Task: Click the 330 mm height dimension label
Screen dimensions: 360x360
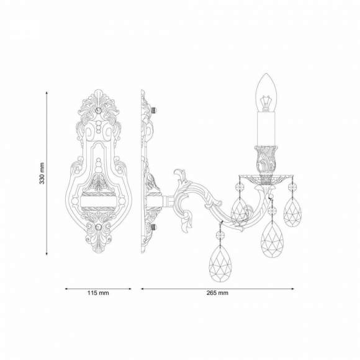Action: pos(42,173)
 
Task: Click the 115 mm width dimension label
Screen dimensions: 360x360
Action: pos(98,293)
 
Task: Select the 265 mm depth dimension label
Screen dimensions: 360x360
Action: pos(217,293)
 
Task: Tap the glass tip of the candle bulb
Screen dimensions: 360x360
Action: pos(266,74)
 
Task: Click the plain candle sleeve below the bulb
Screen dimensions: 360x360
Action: pos(266,129)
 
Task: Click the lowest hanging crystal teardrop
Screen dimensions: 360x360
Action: pos(220,263)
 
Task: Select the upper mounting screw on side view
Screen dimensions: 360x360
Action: pos(154,110)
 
